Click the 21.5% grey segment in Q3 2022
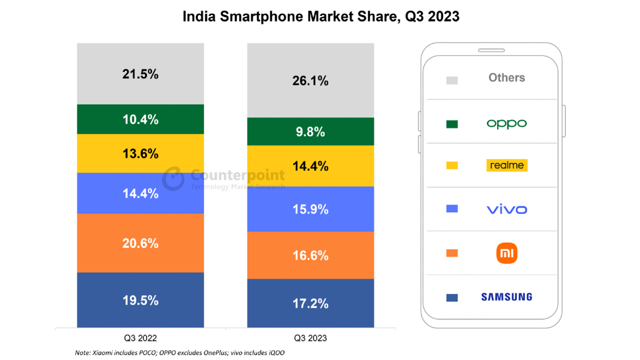[x=140, y=74]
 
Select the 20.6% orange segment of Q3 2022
[x=140, y=243]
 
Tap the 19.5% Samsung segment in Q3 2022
[x=140, y=300]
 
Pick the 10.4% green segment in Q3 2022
[x=140, y=119]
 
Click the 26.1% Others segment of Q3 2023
[x=310, y=81]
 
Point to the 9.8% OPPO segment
[x=310, y=132]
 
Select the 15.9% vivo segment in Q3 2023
[x=310, y=209]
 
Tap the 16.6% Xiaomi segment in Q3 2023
[x=310, y=255]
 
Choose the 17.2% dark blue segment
[x=310, y=303]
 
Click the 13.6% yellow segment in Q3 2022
[x=140, y=154]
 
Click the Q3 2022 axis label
[x=140, y=338]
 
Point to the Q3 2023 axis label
[x=310, y=338]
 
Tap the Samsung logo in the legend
[x=506, y=297]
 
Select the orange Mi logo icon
[x=507, y=253]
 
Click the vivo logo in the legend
[x=507, y=209]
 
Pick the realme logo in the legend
[x=507, y=165]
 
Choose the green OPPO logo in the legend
[x=507, y=124]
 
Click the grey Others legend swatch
[x=452, y=81]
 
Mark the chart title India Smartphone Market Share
[x=321, y=17]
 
